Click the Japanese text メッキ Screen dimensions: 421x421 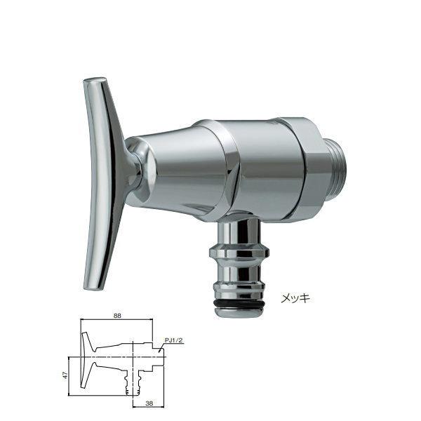point(295,298)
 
